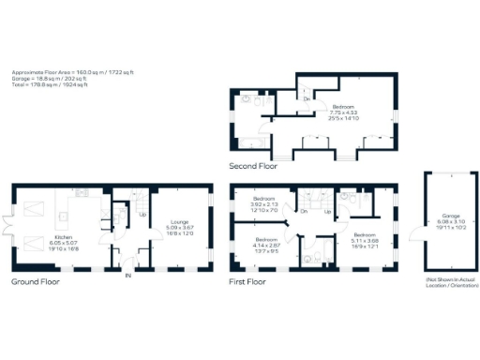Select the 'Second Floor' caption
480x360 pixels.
tap(253, 166)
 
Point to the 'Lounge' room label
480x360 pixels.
tap(179, 221)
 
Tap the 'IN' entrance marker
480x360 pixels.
tap(128, 275)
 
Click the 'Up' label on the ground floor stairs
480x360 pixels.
tap(143, 214)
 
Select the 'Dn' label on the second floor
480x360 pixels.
tap(306, 97)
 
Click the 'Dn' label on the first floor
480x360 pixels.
tap(303, 211)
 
